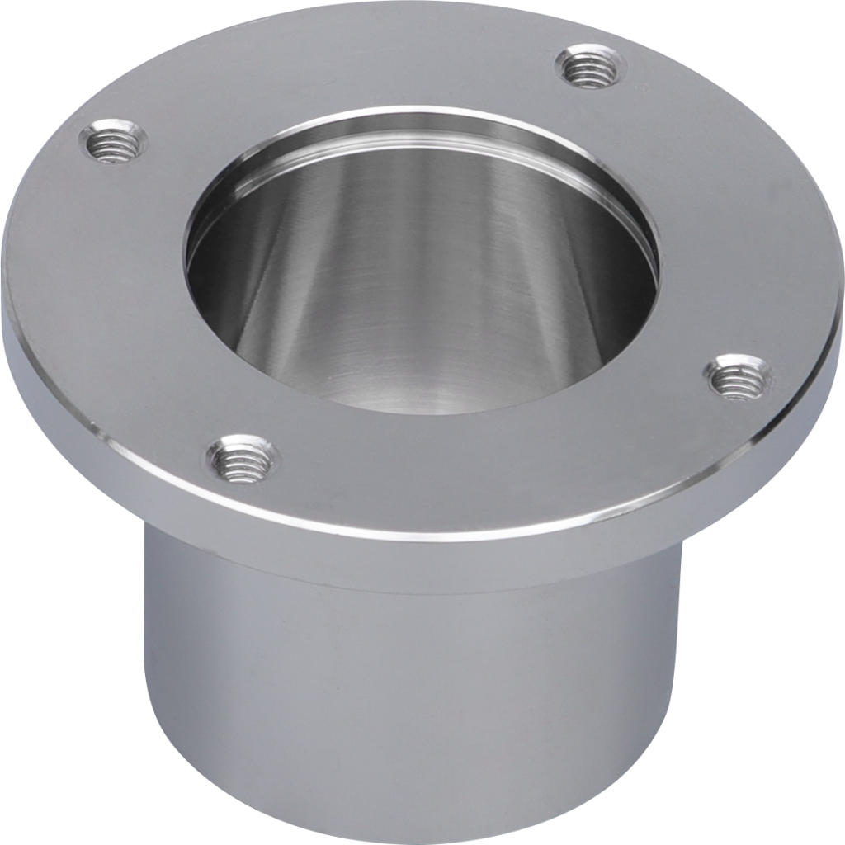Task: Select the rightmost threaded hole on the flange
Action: click(x=739, y=377)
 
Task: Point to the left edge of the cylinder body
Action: click(x=149, y=701)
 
